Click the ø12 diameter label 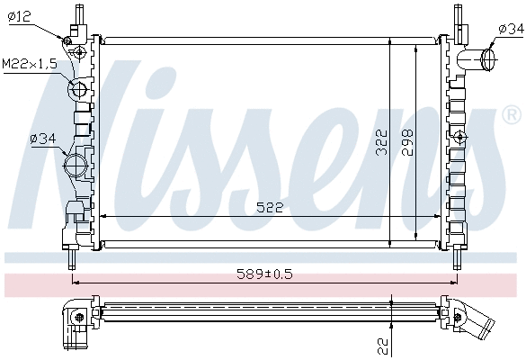pos(21,15)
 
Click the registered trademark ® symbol pos(510,115)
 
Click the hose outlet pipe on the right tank pos(480,61)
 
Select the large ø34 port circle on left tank pos(76,165)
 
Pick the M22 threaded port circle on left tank pos(78,89)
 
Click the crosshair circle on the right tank pos(460,137)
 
